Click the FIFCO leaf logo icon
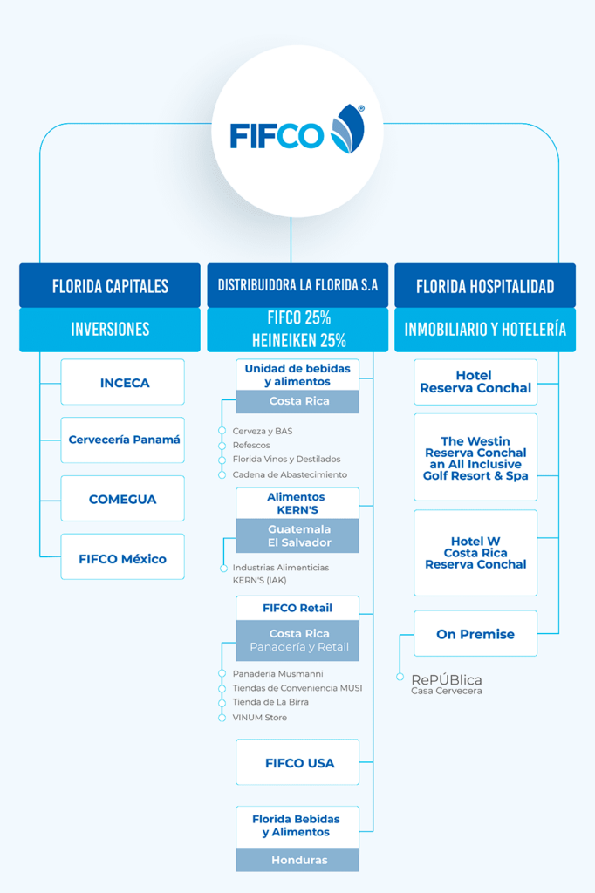click(x=347, y=129)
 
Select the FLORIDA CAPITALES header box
click(x=110, y=285)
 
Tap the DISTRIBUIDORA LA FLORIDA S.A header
click(x=297, y=285)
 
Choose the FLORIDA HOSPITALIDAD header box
click(x=485, y=285)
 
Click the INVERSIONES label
click(x=110, y=329)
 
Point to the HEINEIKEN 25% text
click(x=299, y=341)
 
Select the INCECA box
click(x=122, y=382)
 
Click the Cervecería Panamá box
click(x=122, y=440)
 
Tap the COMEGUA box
click(x=122, y=498)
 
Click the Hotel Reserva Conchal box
click(x=475, y=382)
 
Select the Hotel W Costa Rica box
click(x=475, y=553)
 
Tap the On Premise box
click(x=475, y=633)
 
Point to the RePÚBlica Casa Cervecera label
click(x=447, y=684)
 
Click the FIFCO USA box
click(x=297, y=762)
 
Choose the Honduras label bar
click(x=297, y=860)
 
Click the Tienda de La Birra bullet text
click(x=270, y=702)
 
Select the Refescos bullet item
click(x=251, y=446)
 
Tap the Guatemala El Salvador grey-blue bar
click(x=297, y=536)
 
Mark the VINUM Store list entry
click(x=260, y=718)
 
